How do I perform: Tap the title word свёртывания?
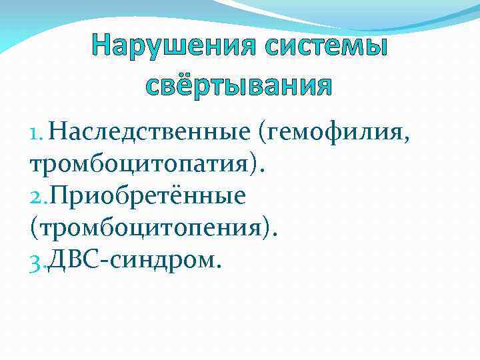239,84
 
